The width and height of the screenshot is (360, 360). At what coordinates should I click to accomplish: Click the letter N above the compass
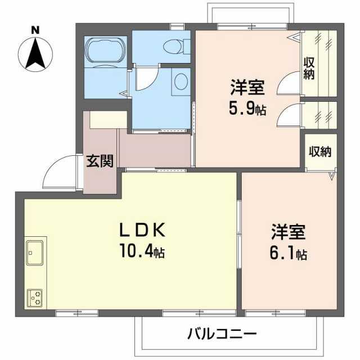(x=35, y=30)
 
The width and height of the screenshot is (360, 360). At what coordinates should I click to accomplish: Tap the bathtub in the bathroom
(x=106, y=49)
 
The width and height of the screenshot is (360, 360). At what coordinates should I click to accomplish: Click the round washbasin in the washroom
(x=181, y=82)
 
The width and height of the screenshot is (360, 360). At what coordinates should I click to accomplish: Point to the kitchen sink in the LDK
(x=35, y=253)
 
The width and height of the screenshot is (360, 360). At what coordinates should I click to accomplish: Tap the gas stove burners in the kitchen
(x=35, y=298)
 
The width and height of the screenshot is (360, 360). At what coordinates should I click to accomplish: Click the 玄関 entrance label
(x=100, y=161)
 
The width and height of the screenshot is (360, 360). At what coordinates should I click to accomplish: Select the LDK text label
(x=142, y=230)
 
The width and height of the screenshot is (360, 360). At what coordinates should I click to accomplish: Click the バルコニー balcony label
(x=222, y=334)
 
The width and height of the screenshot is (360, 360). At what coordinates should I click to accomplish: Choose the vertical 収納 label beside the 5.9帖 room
(x=309, y=68)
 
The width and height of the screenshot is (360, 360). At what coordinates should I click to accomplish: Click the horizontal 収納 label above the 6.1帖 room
(x=320, y=151)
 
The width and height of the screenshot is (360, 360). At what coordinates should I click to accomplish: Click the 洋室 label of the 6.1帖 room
(x=289, y=232)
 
